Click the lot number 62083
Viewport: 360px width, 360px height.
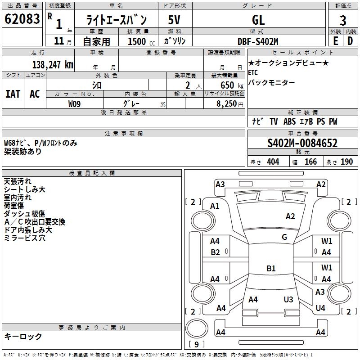click(x=22, y=19)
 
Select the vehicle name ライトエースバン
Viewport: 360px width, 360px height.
click(x=117, y=20)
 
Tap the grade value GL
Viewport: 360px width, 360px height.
click(x=258, y=20)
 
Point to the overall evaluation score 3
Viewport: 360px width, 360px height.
click(x=343, y=20)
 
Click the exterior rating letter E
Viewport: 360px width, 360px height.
click(x=335, y=41)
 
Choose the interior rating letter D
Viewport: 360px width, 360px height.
click(x=350, y=41)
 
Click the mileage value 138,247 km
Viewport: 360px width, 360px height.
click(x=52, y=64)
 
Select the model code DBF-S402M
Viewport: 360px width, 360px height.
click(x=258, y=41)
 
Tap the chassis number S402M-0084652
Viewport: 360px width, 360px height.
click(x=302, y=143)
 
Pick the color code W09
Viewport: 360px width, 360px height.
click(x=75, y=104)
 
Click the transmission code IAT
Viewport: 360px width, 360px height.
click(x=13, y=94)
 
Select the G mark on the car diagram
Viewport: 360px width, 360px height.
click(x=284, y=237)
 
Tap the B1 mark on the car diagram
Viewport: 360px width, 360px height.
click(x=271, y=269)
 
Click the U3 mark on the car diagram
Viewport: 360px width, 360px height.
click(x=288, y=299)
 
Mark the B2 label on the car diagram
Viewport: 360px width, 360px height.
click(x=216, y=252)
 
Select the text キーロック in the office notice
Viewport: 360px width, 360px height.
click(x=23, y=336)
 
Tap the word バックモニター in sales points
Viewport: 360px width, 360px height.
click(x=271, y=82)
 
